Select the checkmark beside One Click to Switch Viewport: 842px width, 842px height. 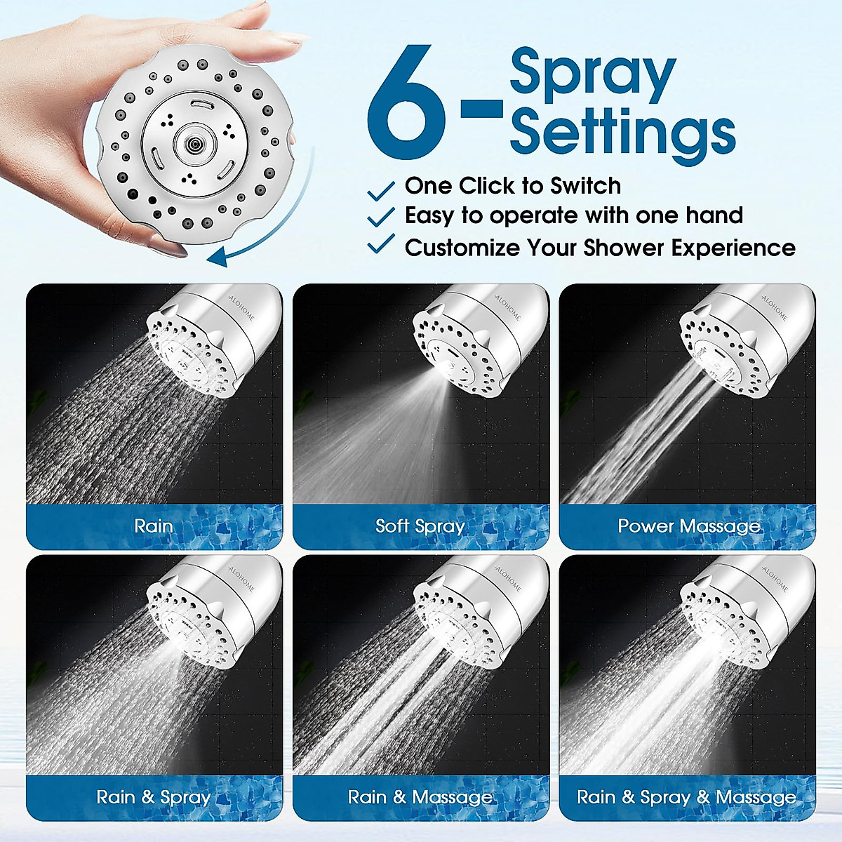(381, 190)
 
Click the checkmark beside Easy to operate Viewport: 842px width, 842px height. (381, 217)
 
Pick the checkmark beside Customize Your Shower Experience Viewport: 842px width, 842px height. (381, 245)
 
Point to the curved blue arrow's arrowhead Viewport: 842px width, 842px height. (218, 256)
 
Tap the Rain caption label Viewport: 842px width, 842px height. (154, 526)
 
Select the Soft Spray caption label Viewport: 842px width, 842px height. (420, 526)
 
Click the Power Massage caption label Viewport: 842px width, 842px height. (688, 526)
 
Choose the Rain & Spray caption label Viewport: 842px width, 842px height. (154, 796)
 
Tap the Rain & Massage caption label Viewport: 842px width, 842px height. (420, 796)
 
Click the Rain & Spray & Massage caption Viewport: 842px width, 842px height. (686, 796)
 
